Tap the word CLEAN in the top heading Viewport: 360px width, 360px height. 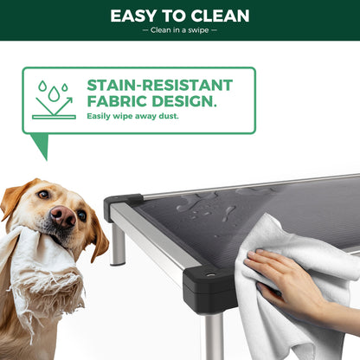pos(218,16)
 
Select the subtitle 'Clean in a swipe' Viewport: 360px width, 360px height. pos(179,31)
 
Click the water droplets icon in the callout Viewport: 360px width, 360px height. pos(54,100)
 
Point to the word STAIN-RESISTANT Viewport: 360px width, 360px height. pos(160,86)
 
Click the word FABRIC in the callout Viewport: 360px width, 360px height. pos(118,101)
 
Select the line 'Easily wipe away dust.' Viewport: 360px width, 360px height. pos(132,116)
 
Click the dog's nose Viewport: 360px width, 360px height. pos(62,217)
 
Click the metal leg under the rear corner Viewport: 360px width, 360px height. pos(118,245)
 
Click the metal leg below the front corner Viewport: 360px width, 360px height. pos(212,337)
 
